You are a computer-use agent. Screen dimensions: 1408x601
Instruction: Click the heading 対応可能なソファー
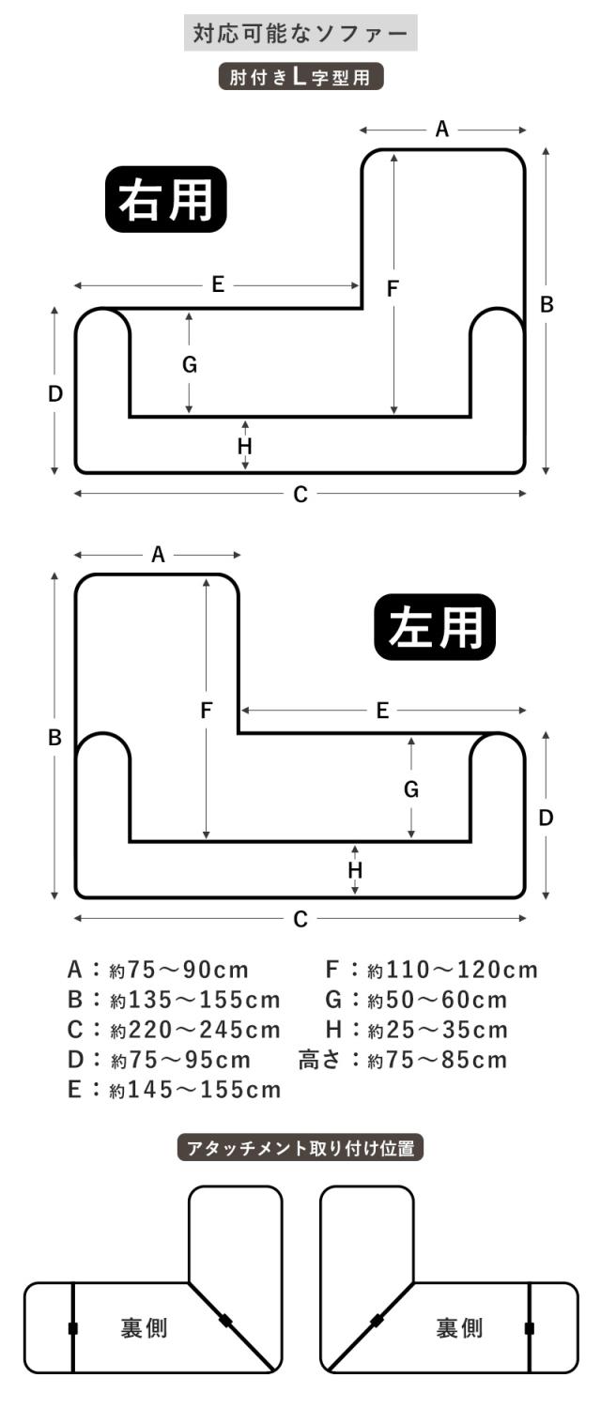(300, 35)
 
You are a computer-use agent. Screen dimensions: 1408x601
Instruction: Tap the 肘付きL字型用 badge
(300, 77)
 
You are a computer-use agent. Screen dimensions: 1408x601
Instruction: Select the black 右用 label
(166, 199)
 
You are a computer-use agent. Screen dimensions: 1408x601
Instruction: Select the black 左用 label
(435, 625)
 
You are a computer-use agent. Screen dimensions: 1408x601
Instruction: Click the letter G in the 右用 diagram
(190, 365)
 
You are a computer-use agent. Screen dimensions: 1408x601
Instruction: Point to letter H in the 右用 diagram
(245, 446)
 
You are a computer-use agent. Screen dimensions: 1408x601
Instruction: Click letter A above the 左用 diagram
(158, 555)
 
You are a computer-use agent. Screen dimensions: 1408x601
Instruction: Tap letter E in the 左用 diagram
(382, 711)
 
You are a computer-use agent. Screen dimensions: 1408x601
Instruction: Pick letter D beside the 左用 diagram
(546, 818)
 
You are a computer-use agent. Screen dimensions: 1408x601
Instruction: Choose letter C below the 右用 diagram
(300, 495)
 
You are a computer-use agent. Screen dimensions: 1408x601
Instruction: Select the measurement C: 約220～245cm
(174, 1030)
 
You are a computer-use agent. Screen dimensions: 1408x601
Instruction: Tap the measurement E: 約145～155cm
(174, 1090)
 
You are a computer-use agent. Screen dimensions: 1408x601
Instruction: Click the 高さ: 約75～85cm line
(402, 1060)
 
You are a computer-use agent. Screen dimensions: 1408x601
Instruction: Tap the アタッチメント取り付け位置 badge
(300, 1148)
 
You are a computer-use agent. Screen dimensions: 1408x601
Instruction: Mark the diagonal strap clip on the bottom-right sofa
(377, 1321)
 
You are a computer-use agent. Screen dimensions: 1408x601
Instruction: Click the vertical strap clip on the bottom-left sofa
(73, 1328)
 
